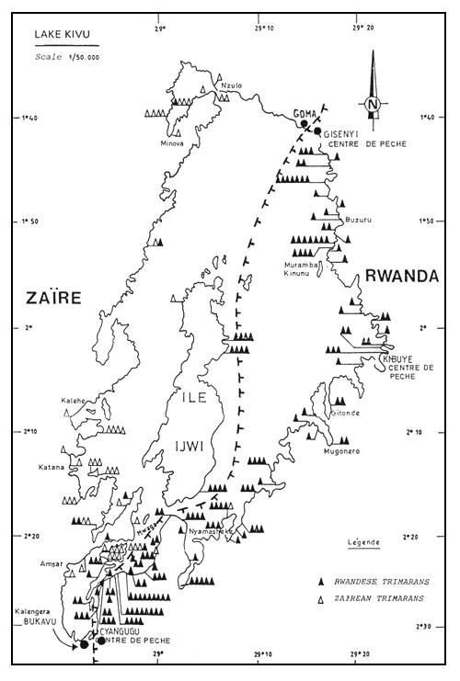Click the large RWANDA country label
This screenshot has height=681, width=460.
tap(401, 274)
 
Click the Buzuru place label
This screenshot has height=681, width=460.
tap(361, 220)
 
